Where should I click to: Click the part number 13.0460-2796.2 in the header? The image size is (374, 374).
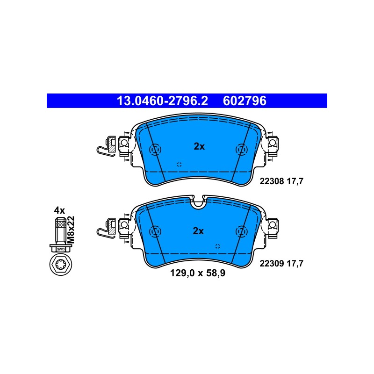[162, 101]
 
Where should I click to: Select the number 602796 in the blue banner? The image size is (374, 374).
[245, 101]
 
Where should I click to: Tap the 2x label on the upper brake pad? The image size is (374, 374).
[199, 146]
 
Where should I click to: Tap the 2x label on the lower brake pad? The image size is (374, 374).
[198, 231]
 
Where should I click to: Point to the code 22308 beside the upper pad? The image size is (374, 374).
[272, 181]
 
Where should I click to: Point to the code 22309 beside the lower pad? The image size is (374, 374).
[272, 264]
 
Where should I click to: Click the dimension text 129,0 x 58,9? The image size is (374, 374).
[198, 273]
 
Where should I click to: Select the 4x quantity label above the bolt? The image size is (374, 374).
[59, 210]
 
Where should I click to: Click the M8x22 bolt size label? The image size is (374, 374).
[71, 230]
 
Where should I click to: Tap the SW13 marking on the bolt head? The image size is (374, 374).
[61, 249]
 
